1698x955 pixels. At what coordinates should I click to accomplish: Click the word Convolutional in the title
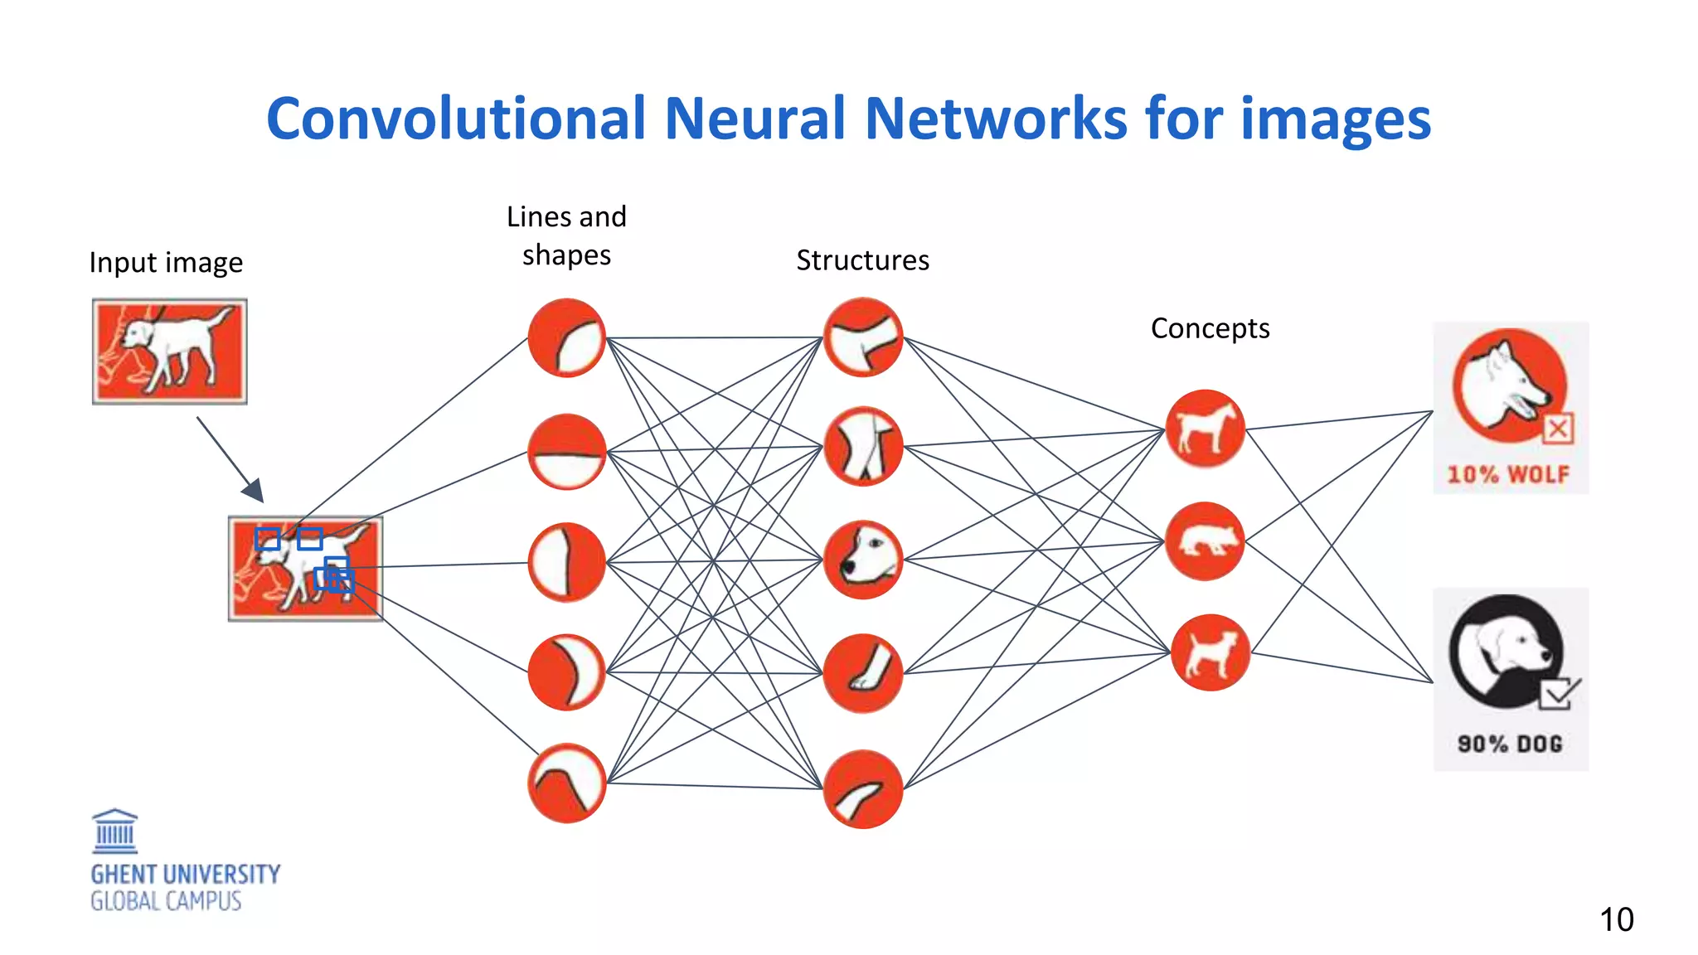point(455,119)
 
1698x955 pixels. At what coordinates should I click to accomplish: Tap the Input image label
point(166,263)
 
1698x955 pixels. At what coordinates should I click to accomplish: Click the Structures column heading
point(862,260)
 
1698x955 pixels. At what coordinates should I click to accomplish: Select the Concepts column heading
point(1210,328)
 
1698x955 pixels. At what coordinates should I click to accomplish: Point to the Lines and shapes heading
point(566,235)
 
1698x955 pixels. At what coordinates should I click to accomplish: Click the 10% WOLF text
point(1508,475)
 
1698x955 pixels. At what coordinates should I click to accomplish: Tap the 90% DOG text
point(1510,744)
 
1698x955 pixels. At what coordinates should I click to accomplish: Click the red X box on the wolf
point(1558,429)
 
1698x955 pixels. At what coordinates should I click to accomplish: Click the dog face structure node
point(862,560)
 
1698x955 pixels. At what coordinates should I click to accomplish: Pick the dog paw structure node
point(862,673)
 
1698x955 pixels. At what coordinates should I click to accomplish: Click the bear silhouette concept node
point(1205,541)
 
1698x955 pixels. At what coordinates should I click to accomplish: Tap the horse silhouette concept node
point(1205,429)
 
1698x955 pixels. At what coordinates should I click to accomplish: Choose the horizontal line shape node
point(567,452)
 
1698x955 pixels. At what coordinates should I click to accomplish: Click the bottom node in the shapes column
point(567,783)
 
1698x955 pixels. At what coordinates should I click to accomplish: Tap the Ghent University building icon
point(114,831)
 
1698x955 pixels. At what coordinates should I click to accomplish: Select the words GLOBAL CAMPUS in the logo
point(166,902)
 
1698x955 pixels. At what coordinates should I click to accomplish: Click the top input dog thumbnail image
point(169,351)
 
